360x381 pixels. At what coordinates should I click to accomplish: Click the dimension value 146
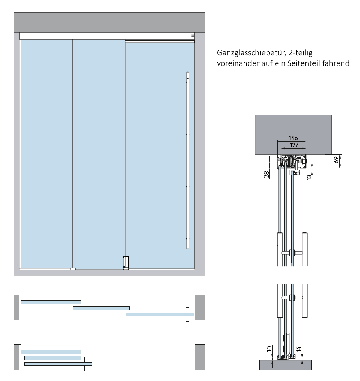(293, 138)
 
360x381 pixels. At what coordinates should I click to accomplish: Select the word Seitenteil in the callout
(307, 63)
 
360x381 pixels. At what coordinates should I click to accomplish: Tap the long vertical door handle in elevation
(188, 160)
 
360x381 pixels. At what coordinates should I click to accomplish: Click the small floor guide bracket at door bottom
(126, 263)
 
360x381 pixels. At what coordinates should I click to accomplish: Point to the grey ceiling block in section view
(293, 127)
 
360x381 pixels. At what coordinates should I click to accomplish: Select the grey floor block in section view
(285, 365)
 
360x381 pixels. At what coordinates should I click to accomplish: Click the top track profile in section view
(292, 162)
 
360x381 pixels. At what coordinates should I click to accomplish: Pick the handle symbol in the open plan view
(86, 363)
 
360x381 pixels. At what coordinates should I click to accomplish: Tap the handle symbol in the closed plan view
(187, 315)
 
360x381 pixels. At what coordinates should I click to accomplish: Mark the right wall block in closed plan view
(200, 307)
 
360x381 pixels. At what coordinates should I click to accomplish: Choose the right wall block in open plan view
(200, 357)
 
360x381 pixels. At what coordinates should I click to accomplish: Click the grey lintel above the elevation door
(109, 23)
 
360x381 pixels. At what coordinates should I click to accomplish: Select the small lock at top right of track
(192, 36)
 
